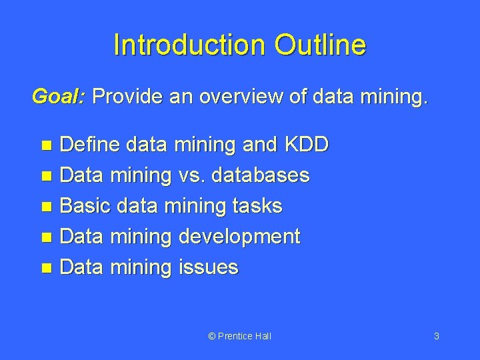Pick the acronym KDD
[306, 145]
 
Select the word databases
[259, 175]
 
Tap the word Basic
[85, 206]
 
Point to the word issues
[208, 267]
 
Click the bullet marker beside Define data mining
[46, 146]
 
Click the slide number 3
[436, 336]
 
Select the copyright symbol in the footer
[212, 336]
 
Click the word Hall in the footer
[262, 336]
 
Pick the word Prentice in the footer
[235, 336]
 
